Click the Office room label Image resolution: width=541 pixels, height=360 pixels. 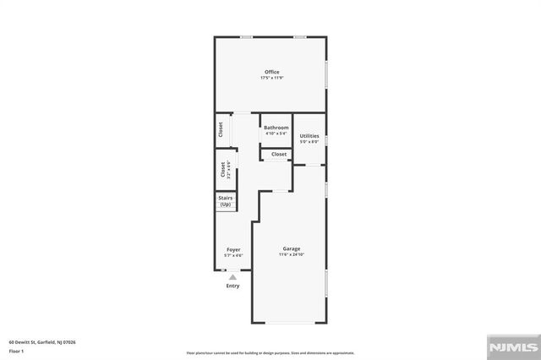click(x=271, y=72)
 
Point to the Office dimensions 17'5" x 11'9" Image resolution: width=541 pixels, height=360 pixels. click(x=271, y=78)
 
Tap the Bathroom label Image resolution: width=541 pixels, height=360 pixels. click(x=276, y=128)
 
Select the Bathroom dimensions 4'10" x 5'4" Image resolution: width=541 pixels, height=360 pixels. click(x=276, y=134)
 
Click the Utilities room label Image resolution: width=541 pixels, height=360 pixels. click(x=309, y=136)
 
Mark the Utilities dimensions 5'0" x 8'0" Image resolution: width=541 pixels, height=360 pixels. click(x=309, y=142)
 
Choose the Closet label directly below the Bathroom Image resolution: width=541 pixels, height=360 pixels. click(x=279, y=154)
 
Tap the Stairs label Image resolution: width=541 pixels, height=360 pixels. click(x=226, y=199)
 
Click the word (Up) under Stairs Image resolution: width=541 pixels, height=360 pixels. click(x=226, y=205)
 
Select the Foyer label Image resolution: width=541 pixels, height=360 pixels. click(x=232, y=249)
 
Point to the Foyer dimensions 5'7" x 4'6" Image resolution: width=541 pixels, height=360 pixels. click(x=232, y=255)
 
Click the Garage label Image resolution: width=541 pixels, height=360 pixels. click(x=292, y=248)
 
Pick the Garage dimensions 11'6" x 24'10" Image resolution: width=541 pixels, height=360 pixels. click(x=292, y=254)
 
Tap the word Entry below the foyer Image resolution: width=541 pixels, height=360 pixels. click(x=232, y=286)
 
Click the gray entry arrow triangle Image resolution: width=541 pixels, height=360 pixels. click(x=232, y=275)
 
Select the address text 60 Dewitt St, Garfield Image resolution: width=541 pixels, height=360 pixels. click(x=42, y=342)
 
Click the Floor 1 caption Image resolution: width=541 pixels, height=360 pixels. click(x=16, y=350)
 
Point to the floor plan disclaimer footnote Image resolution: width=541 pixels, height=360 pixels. click(x=270, y=352)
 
